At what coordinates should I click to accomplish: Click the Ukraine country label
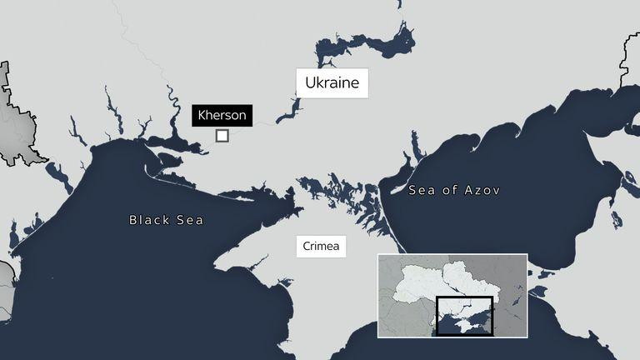[332, 84]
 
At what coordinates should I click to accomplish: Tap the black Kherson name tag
[222, 115]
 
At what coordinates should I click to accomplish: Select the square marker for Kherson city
[222, 136]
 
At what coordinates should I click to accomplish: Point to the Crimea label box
[322, 247]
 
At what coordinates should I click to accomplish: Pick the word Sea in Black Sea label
[190, 220]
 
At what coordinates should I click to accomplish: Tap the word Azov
[482, 191]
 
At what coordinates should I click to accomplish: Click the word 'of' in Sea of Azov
[449, 191]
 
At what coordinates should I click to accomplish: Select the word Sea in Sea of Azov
[422, 191]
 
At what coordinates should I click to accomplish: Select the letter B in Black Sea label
[133, 220]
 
